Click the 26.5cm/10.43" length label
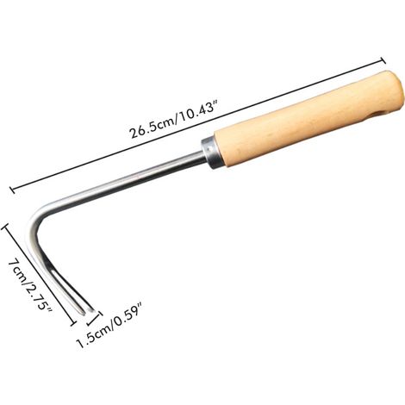pos(177,120)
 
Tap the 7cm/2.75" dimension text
pos(29,287)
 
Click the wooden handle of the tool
pos(308,118)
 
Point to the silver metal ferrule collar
pos(211,153)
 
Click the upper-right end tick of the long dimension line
pos(383,61)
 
